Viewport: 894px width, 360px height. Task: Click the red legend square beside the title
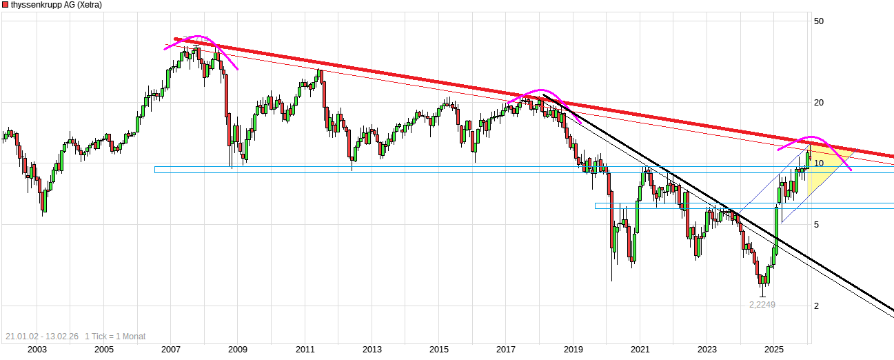point(5,5)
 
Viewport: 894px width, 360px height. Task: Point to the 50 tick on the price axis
point(819,21)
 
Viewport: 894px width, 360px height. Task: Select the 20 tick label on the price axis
point(819,103)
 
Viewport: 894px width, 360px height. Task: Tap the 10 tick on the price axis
point(819,163)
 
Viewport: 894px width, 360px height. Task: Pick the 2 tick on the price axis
point(817,306)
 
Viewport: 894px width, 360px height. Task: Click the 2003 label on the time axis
point(37,350)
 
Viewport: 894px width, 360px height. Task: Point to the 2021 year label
point(640,350)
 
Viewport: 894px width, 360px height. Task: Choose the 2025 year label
point(775,350)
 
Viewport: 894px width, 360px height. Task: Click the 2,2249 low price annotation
point(762,304)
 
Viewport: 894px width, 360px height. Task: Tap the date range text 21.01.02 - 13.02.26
point(42,337)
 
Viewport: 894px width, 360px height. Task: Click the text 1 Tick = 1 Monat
point(115,337)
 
